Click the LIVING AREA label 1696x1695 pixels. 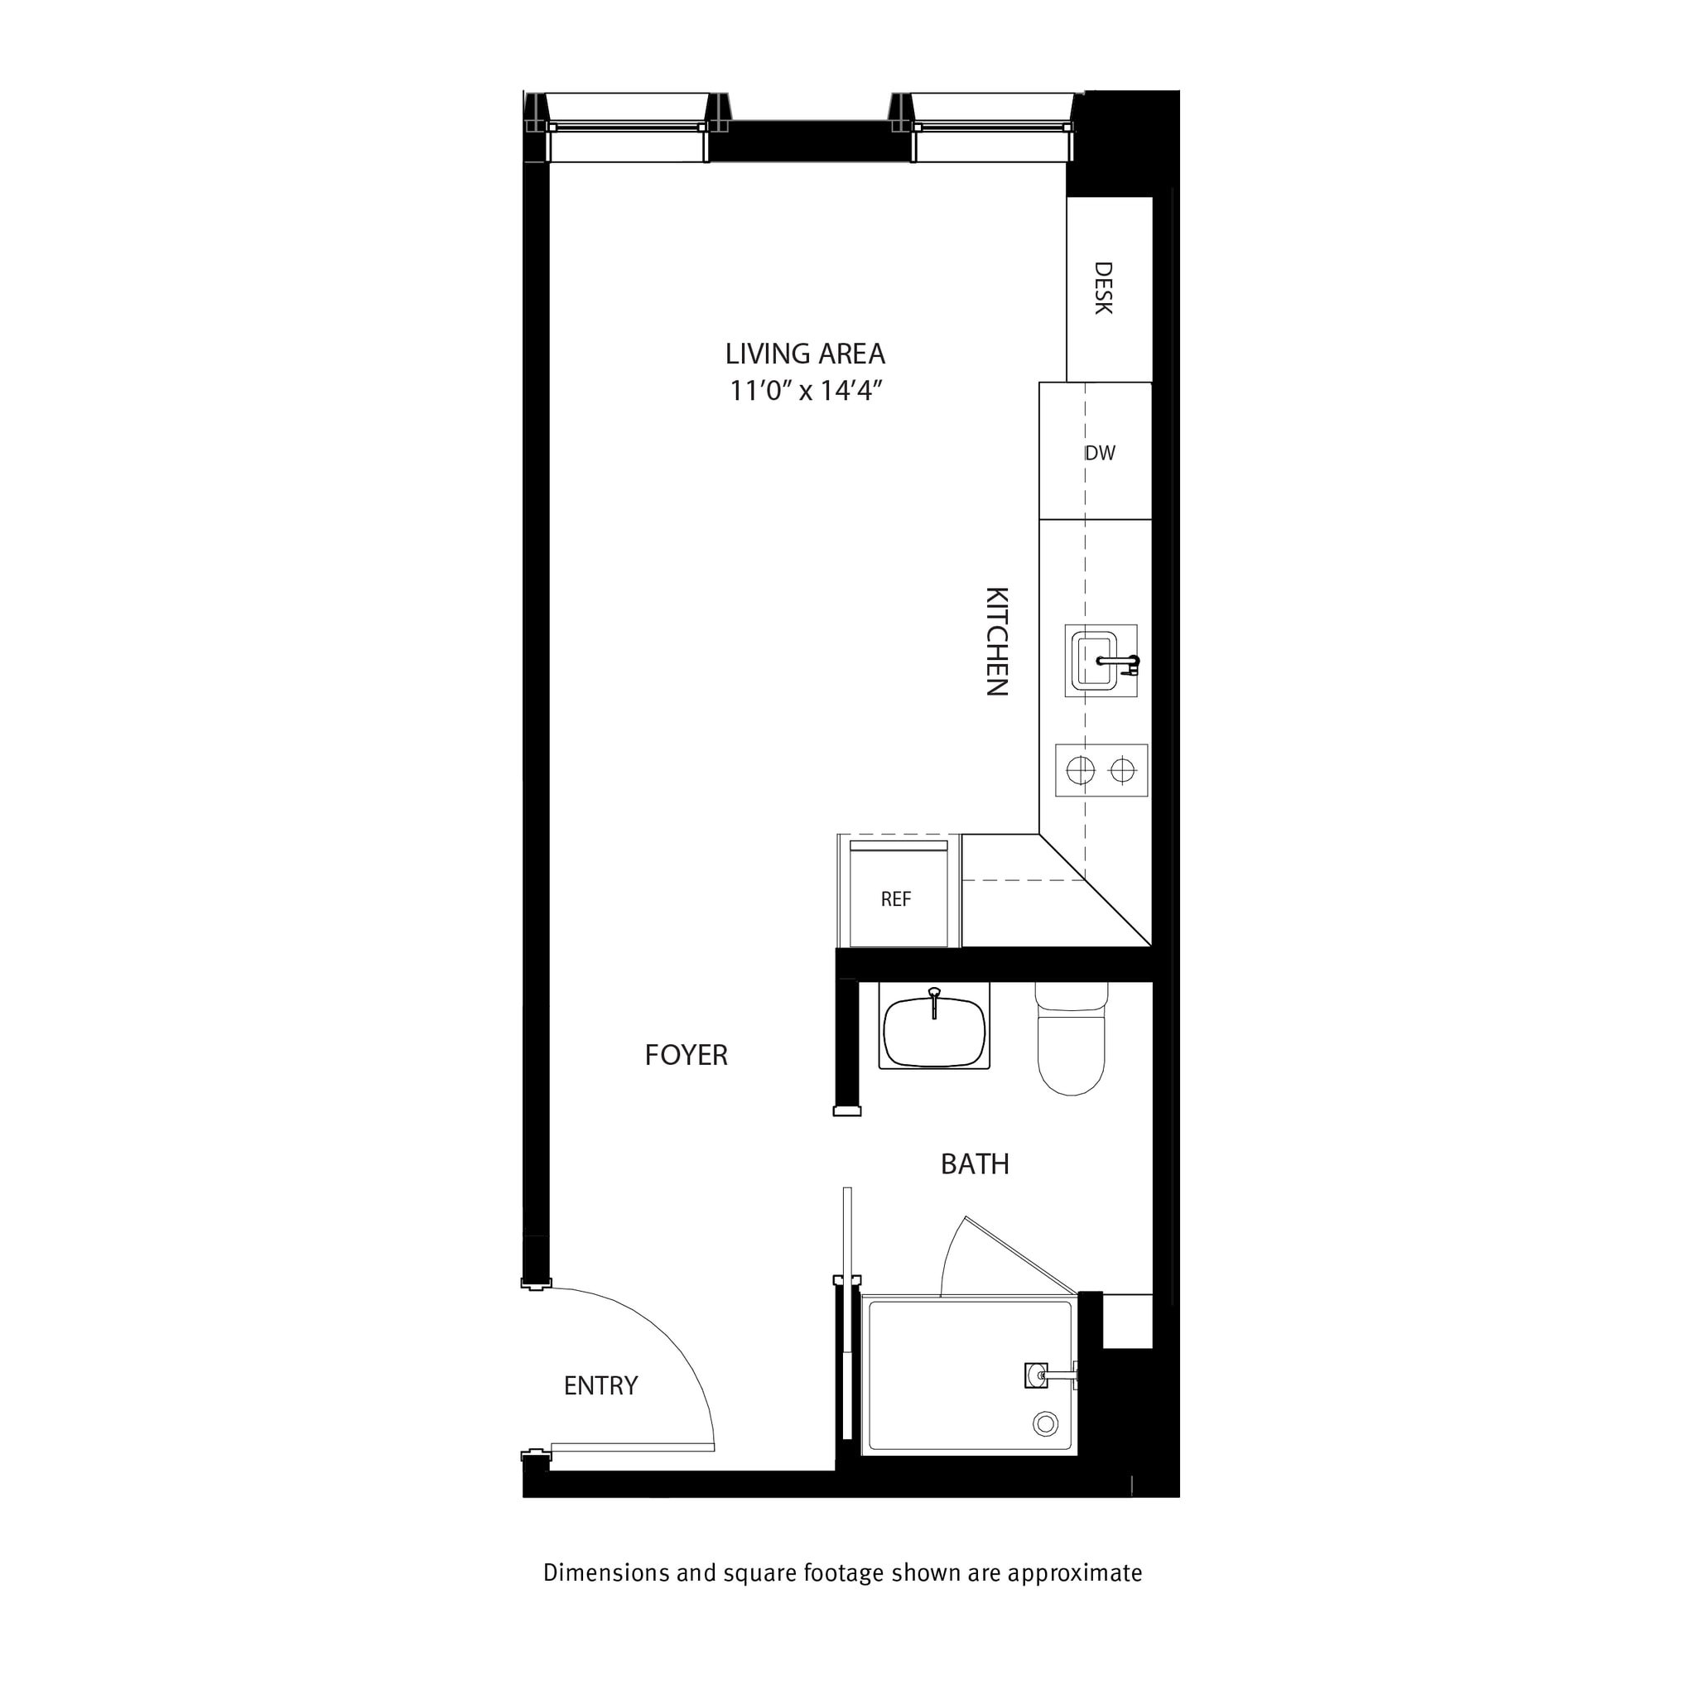(804, 354)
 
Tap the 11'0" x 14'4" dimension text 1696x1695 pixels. (804, 391)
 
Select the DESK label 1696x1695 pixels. (1103, 288)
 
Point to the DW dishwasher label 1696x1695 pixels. (1100, 453)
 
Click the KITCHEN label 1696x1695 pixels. (996, 641)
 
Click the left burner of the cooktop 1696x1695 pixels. (1080, 771)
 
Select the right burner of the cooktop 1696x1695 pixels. (1123, 771)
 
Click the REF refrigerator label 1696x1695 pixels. (895, 899)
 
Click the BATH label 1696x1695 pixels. (975, 1164)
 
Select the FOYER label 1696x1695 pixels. (686, 1055)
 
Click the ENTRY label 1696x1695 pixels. (600, 1385)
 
